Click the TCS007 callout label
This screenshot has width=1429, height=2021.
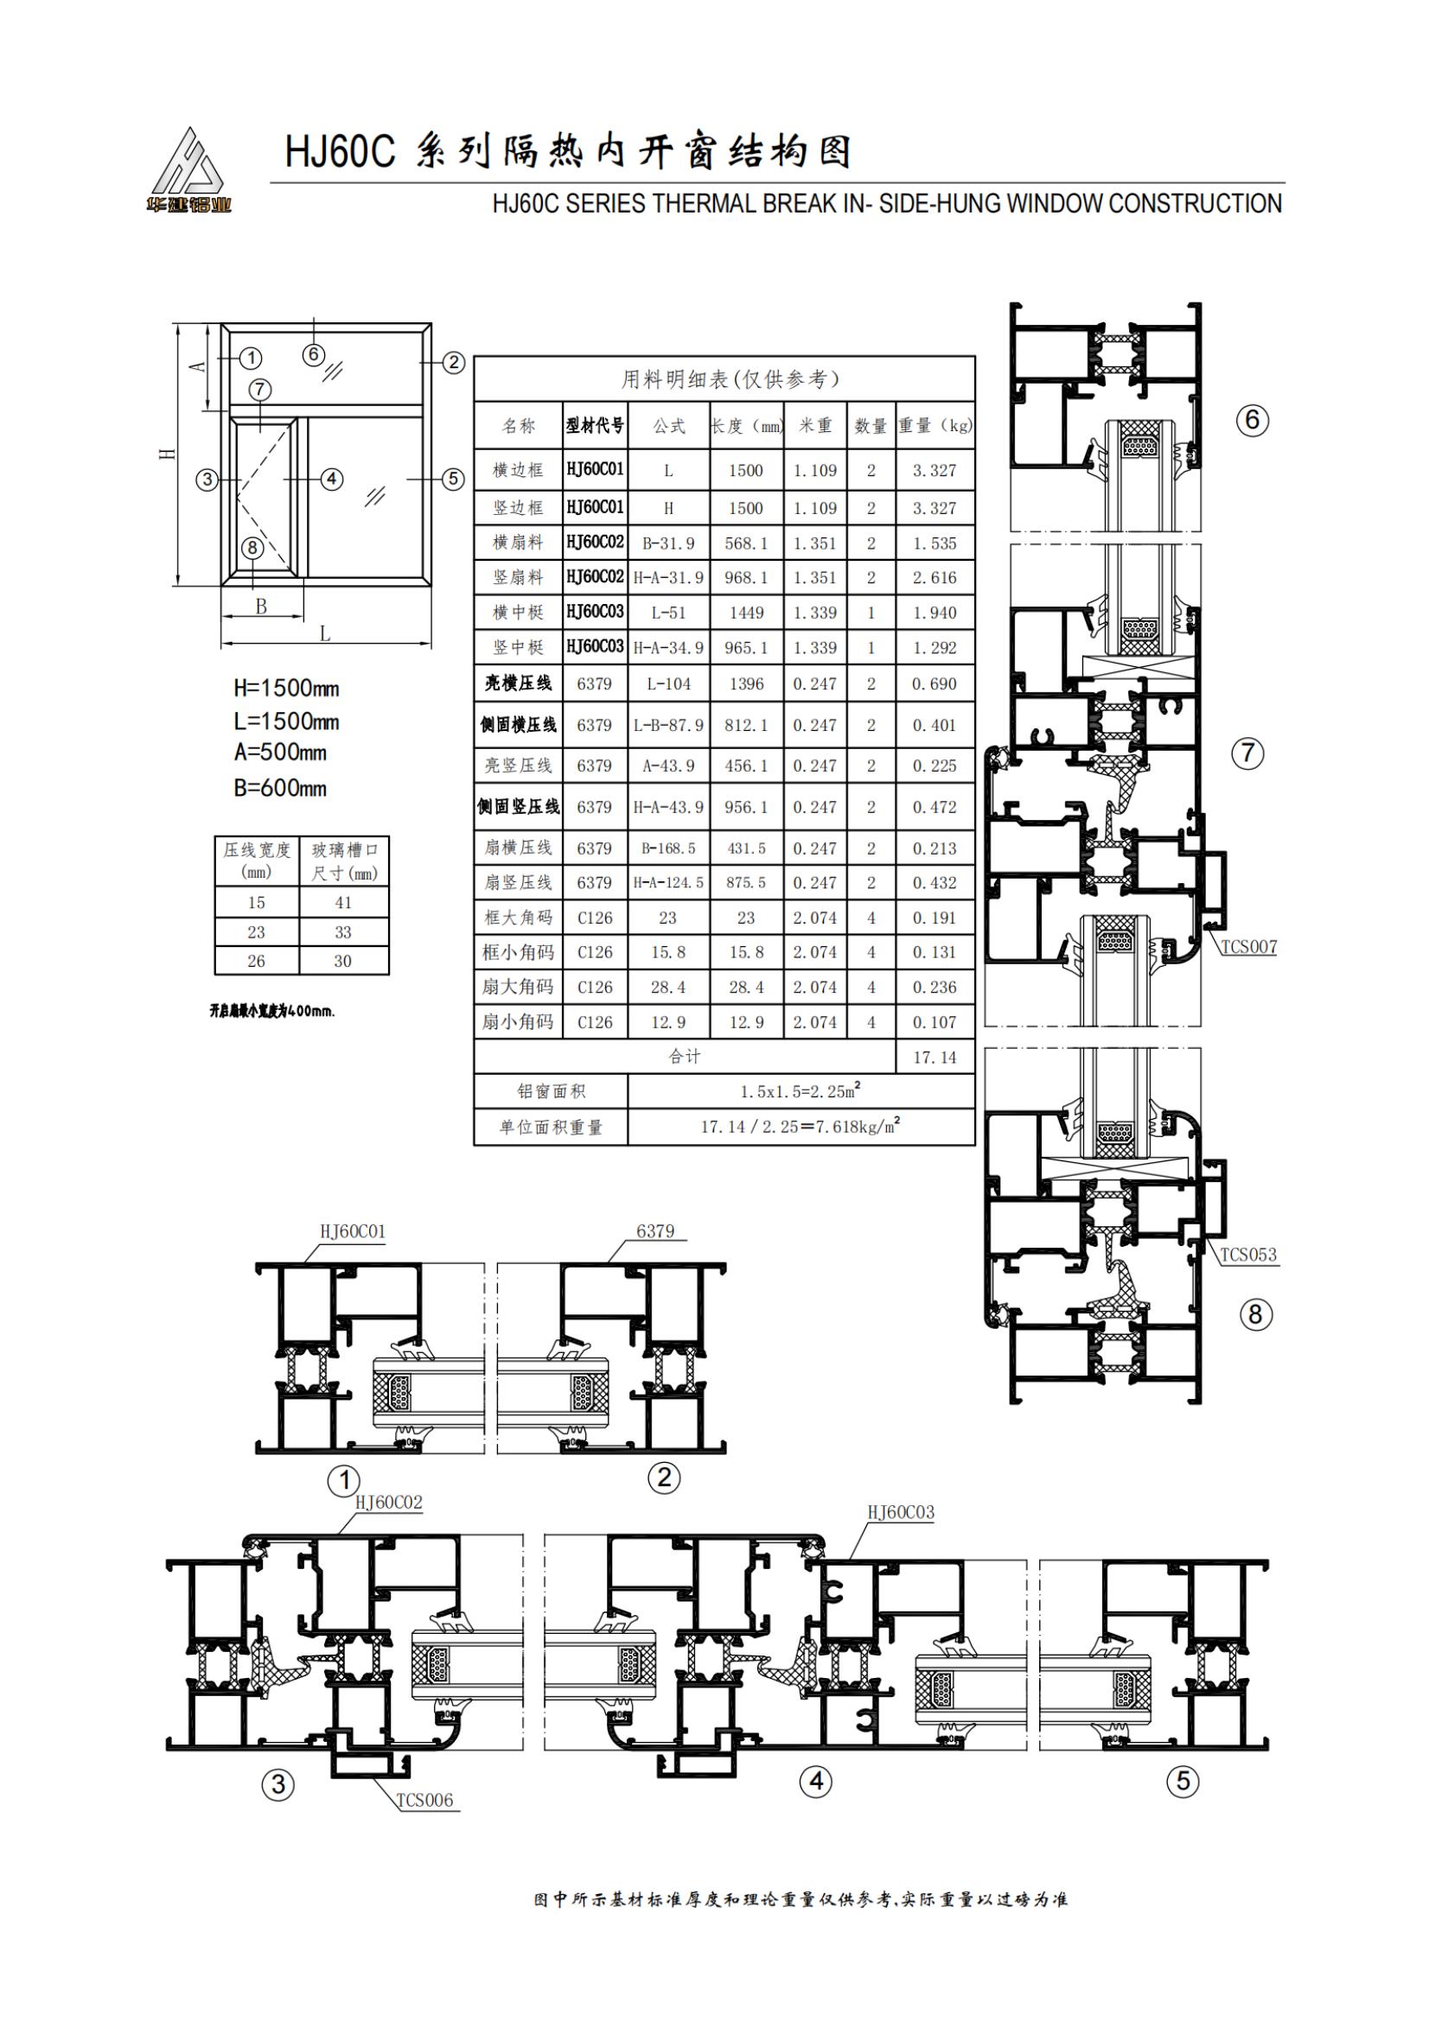1248,947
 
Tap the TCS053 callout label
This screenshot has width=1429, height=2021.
1248,1255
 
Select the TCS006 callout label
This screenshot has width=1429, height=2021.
425,1800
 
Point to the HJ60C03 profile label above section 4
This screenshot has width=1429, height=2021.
901,1512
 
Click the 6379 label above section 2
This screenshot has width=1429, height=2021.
655,1230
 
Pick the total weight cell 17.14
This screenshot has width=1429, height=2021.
935,1057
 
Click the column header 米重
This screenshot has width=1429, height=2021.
815,426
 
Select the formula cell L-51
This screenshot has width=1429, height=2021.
668,613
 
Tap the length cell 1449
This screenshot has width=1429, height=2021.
746,613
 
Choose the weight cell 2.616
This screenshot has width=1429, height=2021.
935,577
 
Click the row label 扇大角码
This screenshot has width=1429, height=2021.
518,987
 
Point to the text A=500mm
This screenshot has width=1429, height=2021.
280,753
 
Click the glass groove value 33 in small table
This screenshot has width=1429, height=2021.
343,932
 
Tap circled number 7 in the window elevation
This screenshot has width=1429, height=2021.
259,390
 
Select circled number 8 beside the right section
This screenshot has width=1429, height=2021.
1255,1315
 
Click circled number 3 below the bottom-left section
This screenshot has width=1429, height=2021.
278,1784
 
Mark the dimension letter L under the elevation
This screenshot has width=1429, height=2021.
325,633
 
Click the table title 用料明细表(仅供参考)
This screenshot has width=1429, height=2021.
730,379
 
